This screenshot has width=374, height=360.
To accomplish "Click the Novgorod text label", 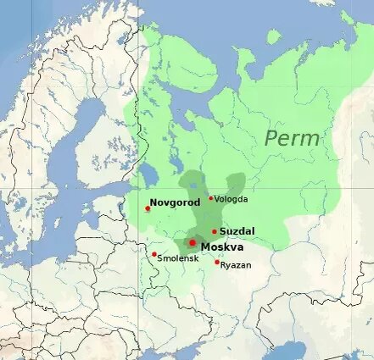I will [175, 203].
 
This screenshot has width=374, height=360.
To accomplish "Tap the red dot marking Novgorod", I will [148, 208].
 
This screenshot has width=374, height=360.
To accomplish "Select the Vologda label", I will [232, 199].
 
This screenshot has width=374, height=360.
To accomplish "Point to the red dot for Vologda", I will [211, 198].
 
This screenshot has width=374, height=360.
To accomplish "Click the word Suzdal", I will [237, 230].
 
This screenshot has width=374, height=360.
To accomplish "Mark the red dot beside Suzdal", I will [215, 231].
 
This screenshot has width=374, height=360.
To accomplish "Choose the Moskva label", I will [222, 246].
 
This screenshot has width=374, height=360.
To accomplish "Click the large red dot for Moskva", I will [193, 243].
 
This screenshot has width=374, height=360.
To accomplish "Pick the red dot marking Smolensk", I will [154, 254].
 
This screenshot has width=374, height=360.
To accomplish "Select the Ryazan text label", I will [236, 265].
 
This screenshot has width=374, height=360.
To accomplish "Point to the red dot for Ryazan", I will [217, 262].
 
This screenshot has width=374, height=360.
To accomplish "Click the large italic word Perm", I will [293, 138].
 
